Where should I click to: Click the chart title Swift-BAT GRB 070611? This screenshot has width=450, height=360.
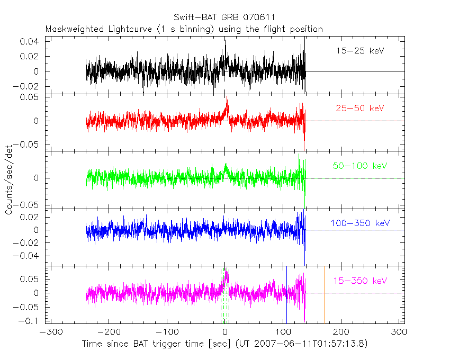[224, 17]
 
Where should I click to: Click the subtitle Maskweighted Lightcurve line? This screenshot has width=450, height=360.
[184, 29]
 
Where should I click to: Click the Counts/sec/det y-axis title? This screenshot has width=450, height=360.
[9, 180]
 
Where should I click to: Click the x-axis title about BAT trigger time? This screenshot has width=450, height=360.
[224, 344]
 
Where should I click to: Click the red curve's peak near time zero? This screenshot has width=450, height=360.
[227, 97]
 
